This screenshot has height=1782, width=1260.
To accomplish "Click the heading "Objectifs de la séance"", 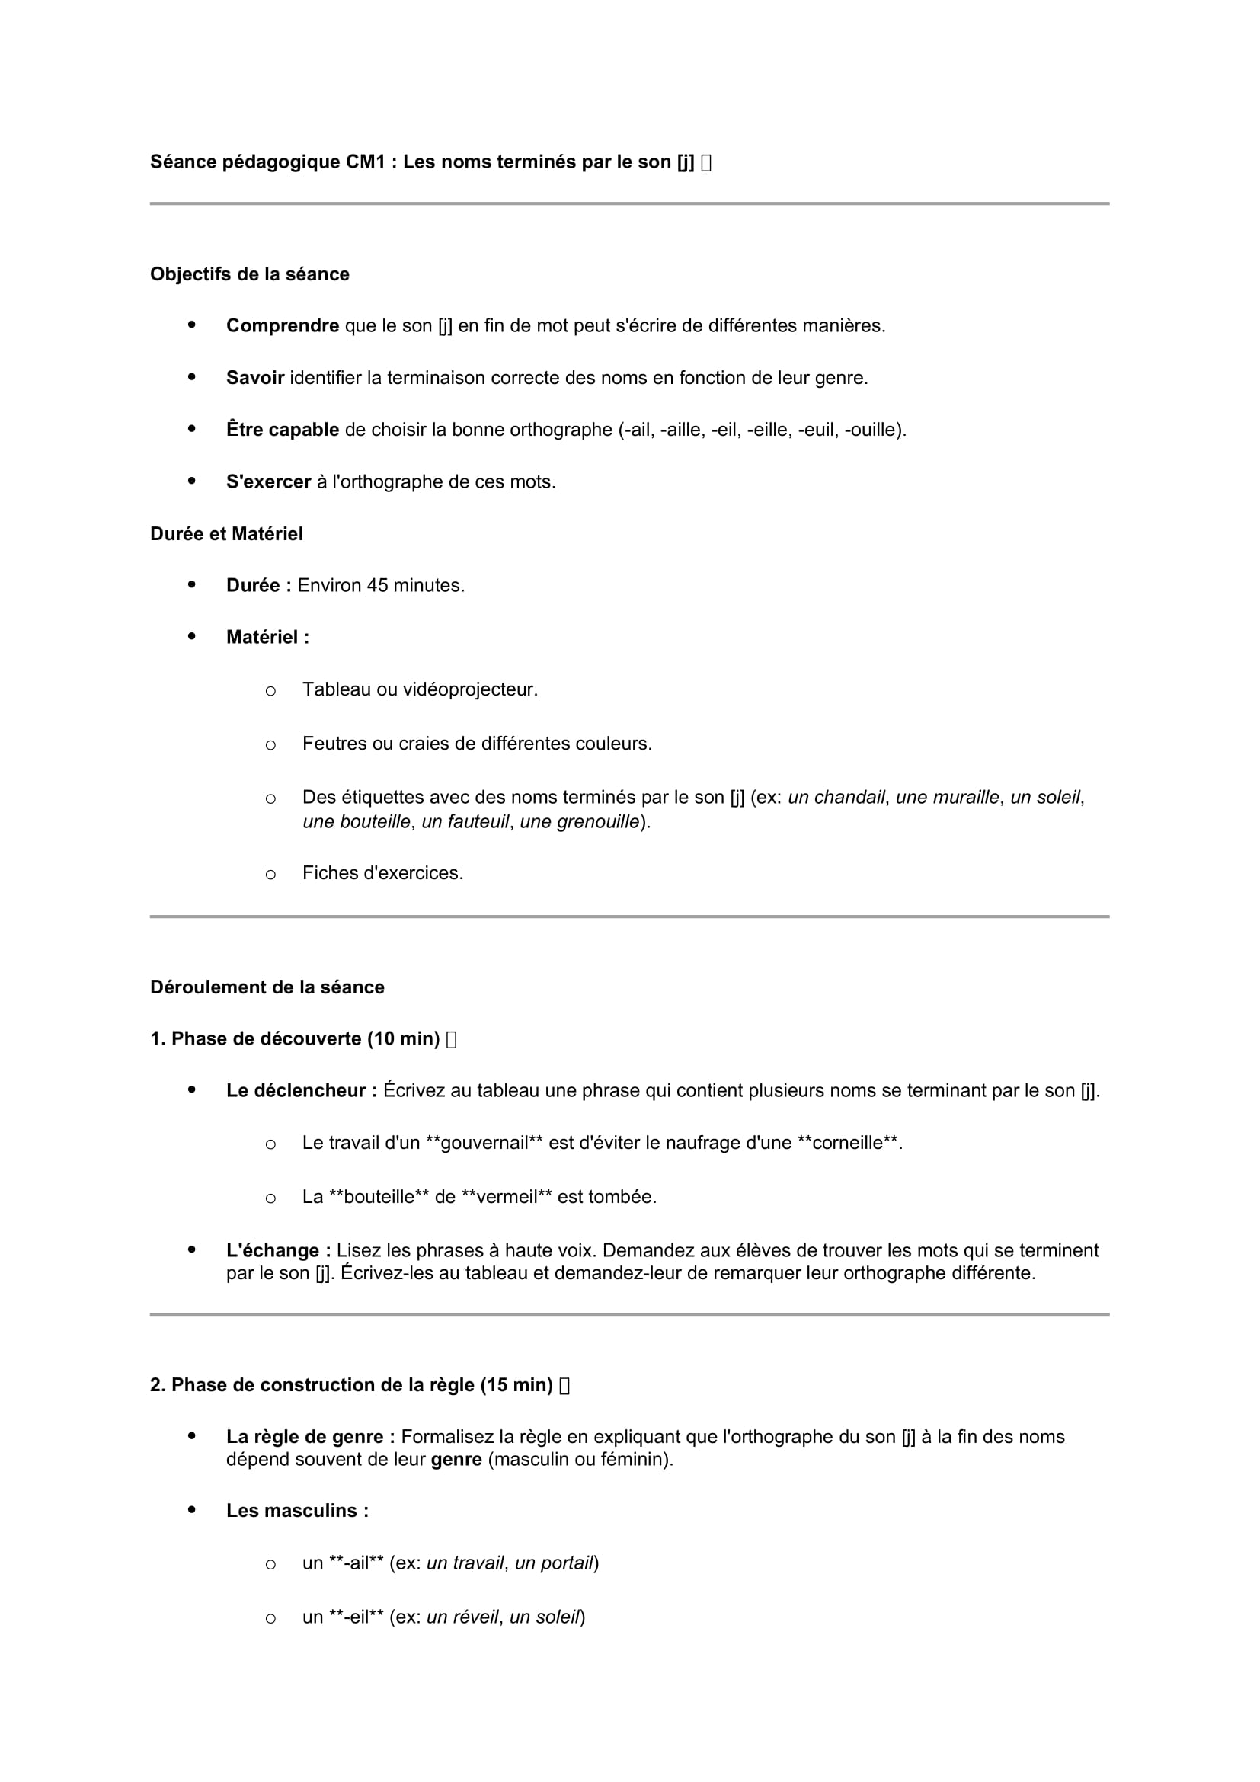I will tap(249, 274).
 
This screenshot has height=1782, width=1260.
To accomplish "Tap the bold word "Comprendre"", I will tap(283, 326).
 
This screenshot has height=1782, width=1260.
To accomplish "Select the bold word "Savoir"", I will tap(254, 378).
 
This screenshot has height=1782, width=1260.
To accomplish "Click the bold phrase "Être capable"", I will tap(283, 430).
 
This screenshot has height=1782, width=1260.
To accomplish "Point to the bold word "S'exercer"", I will tap(268, 482).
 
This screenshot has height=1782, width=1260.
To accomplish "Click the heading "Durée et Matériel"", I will tap(225, 534).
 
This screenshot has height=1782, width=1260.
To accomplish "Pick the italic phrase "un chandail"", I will tap(836, 797).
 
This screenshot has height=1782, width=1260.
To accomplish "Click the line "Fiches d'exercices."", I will tap(382, 873).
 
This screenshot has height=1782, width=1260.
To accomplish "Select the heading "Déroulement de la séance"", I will tap(267, 987).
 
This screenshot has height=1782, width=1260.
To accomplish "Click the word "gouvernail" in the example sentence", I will tap(484, 1144).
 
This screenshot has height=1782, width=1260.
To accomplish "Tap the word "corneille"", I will tap(847, 1144).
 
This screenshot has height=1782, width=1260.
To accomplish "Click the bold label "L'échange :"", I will tap(279, 1250).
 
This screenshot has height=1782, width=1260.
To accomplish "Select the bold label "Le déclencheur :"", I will tap(302, 1090).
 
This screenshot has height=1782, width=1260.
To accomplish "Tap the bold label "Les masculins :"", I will tap(297, 1510).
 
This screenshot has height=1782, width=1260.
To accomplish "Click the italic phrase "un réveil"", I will tap(462, 1617).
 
